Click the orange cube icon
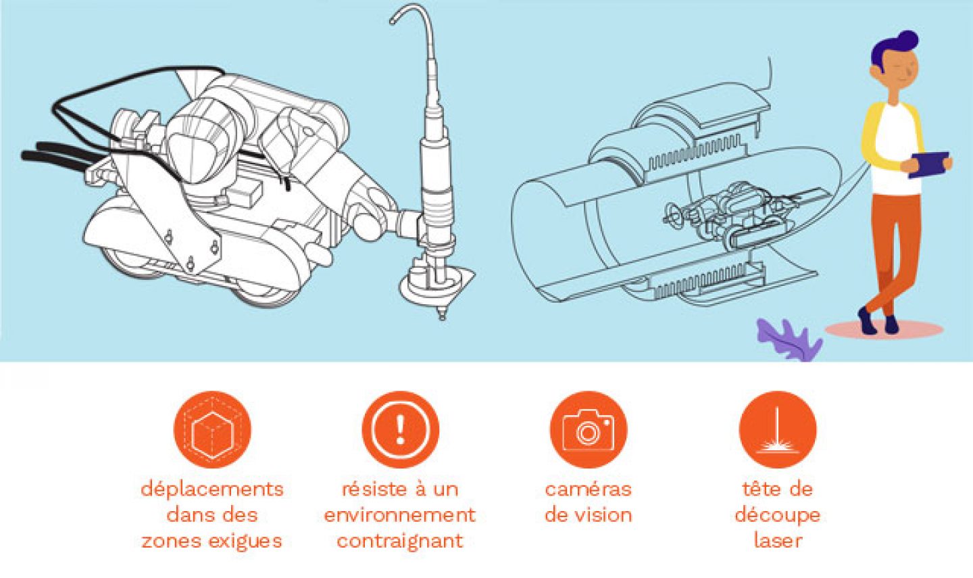click(x=212, y=429)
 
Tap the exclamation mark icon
click(x=401, y=429)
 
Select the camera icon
click(x=589, y=429)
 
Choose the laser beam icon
click(x=778, y=429)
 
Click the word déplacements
click(x=212, y=489)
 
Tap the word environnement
click(x=400, y=515)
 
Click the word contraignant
click(x=400, y=541)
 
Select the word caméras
click(x=588, y=489)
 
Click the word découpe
click(x=778, y=516)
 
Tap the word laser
click(x=778, y=541)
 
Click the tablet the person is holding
click(x=930, y=164)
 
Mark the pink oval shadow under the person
click(x=884, y=329)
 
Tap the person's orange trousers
click(x=895, y=252)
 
